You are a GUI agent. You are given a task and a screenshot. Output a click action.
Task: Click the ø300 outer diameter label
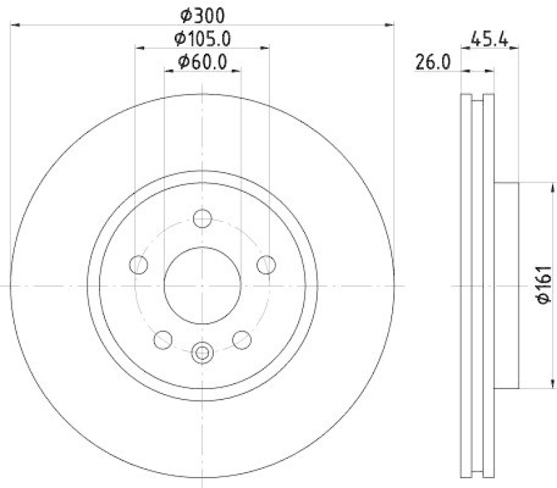click(202, 14)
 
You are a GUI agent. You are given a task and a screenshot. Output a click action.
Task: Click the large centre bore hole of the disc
click(202, 285)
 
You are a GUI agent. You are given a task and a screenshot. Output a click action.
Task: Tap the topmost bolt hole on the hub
click(202, 219)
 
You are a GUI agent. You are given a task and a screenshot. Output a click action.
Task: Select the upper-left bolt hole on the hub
click(139, 265)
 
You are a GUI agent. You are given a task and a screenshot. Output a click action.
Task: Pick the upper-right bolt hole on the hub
click(265, 265)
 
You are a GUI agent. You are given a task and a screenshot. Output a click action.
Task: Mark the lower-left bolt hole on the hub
click(163, 339)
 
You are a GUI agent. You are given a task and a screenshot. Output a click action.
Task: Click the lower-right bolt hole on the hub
click(242, 339)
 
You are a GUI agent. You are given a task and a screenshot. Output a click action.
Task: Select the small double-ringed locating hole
click(202, 352)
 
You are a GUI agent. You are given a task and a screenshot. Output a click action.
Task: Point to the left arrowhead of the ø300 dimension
click(14, 25)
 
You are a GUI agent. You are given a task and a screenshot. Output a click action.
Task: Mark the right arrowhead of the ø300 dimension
click(391, 25)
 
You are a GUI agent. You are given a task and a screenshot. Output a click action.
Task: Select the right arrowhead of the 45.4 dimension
click(516, 49)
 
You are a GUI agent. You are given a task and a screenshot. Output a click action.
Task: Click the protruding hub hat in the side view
click(508, 285)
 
